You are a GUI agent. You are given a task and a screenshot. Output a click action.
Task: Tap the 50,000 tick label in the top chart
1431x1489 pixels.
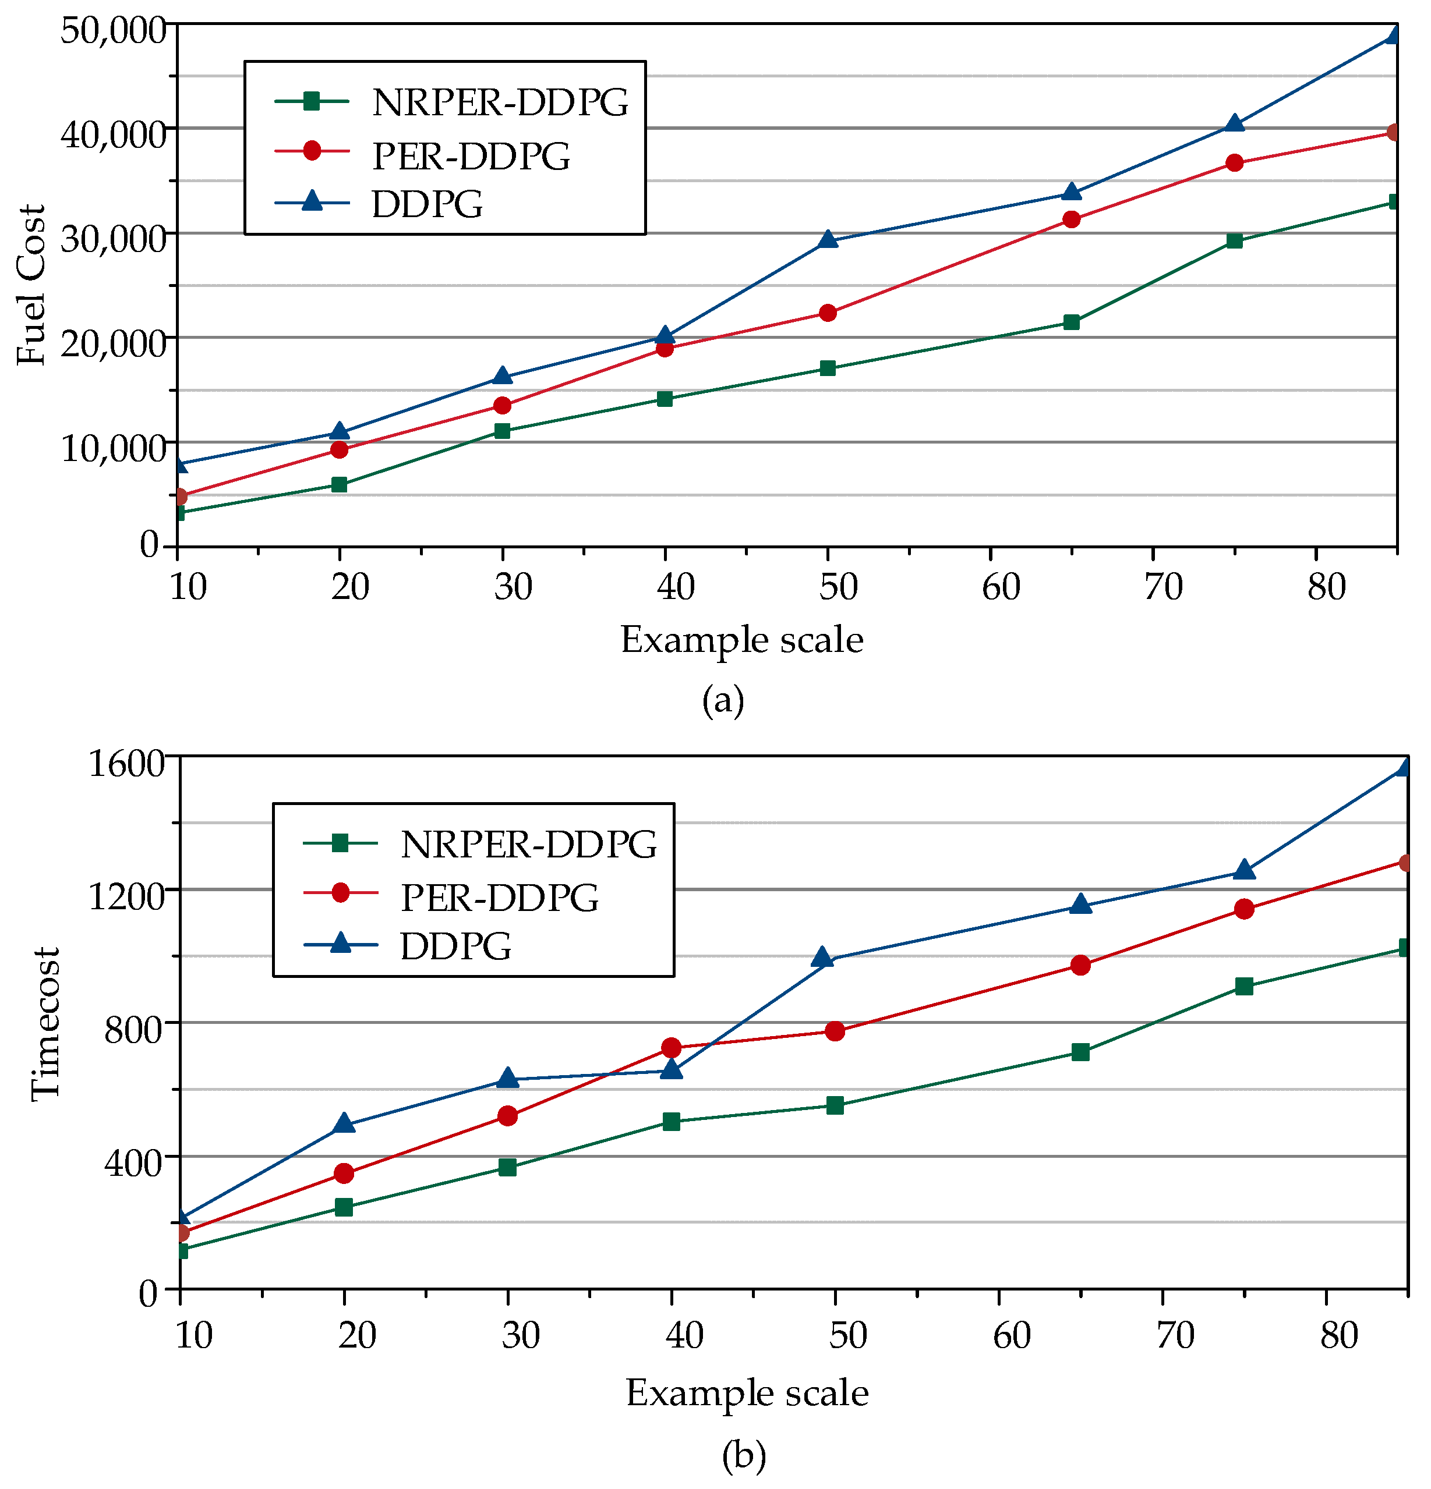(112, 30)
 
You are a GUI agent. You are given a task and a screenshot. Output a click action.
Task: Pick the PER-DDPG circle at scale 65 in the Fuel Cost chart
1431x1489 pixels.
(1071, 219)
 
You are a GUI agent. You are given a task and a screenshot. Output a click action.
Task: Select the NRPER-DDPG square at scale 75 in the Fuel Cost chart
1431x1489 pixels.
(1234, 241)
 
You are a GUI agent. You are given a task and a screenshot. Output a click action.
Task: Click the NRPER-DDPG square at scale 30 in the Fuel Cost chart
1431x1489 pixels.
(501, 431)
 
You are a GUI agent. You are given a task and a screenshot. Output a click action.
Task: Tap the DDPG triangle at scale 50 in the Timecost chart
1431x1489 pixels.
(822, 958)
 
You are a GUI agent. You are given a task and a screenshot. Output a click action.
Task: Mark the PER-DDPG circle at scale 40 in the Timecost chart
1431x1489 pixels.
(671, 1048)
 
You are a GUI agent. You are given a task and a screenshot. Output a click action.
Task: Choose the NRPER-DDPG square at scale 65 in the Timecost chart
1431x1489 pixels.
(1080, 1052)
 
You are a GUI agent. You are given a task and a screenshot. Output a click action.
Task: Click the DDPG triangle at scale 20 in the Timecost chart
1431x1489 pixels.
(344, 1123)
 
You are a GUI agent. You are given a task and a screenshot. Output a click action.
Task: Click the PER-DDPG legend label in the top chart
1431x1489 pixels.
(471, 156)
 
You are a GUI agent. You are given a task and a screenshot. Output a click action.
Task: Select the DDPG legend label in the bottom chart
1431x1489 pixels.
(456, 946)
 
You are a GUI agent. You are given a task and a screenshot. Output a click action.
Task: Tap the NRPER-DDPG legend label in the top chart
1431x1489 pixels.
(500, 102)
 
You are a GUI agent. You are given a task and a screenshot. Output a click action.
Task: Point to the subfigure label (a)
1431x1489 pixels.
(723, 700)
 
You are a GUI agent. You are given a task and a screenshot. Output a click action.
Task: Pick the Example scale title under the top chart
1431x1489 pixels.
(742, 640)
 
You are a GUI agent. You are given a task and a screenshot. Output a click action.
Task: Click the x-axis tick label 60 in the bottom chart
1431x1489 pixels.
(1012, 1335)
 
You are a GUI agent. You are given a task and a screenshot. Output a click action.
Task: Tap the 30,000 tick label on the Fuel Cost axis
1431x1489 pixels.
(112, 239)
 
